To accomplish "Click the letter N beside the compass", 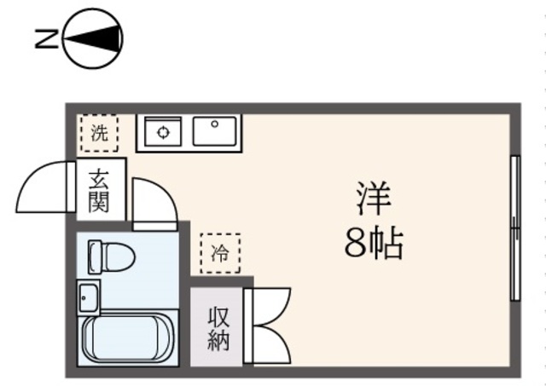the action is (46, 38).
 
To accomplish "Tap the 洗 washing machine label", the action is (99, 133).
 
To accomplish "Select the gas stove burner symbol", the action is (163, 132).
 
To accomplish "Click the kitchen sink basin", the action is (214, 131).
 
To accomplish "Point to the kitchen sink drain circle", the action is (215, 124).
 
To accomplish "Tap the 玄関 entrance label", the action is (99, 191).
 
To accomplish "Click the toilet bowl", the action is (118, 256).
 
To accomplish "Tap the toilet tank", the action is (95, 256).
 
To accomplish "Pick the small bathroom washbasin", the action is (89, 297).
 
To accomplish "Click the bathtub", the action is (128, 337).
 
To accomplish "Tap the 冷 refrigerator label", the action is (220, 253).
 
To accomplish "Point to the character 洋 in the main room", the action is (374, 199).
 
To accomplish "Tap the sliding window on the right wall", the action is (515, 228).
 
